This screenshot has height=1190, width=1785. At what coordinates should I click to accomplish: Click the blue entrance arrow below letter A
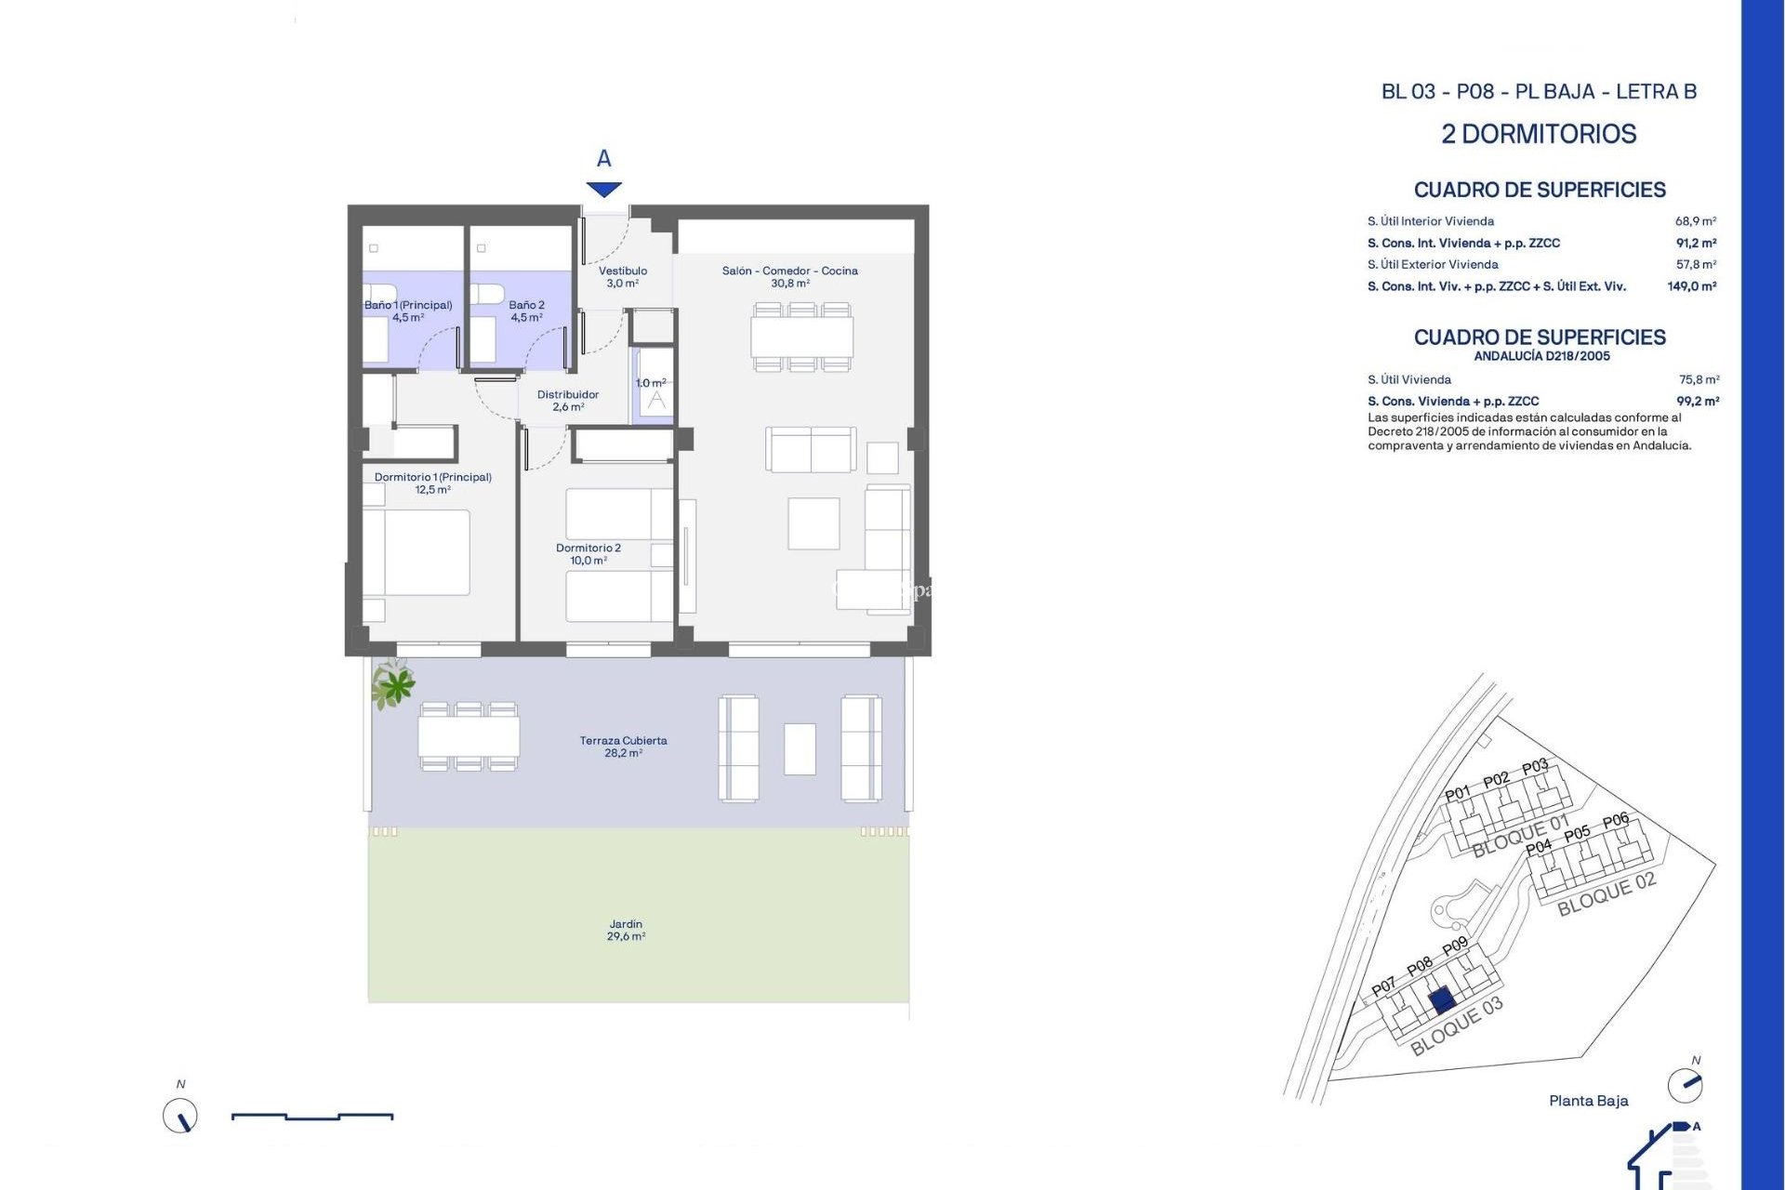point(604,190)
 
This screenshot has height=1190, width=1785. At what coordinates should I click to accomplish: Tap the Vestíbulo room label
point(622,277)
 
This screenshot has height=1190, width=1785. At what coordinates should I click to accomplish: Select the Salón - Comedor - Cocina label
point(789,277)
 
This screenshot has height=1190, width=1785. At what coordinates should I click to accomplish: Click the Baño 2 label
point(526,311)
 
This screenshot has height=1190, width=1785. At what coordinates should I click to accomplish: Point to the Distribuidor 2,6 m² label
point(568,401)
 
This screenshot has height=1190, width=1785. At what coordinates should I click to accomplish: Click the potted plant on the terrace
point(394,685)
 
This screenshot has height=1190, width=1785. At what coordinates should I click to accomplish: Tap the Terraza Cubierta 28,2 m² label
point(623,747)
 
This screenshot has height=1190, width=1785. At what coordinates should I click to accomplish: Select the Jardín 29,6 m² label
point(626,930)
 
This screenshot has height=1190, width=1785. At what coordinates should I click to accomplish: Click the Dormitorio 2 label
point(588,554)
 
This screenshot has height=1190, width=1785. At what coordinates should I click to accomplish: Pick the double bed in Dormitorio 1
point(416,552)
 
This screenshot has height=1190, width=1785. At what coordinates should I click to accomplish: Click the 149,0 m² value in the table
point(1691,286)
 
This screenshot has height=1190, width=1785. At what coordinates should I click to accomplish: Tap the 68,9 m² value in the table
point(1695,221)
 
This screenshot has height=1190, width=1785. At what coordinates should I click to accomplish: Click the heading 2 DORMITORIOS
point(1539,134)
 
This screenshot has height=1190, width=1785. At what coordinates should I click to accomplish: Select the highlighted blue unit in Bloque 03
point(1441,1000)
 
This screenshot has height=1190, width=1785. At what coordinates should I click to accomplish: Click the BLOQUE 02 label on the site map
point(1606,894)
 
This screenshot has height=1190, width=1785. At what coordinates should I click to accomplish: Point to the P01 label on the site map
point(1458,793)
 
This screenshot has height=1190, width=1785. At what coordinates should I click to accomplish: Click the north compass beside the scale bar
point(180,1115)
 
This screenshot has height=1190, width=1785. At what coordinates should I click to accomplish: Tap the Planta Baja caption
point(1588,1101)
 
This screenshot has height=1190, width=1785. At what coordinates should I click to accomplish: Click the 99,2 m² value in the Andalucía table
point(1697,402)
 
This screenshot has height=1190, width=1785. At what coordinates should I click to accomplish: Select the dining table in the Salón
point(801,337)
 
